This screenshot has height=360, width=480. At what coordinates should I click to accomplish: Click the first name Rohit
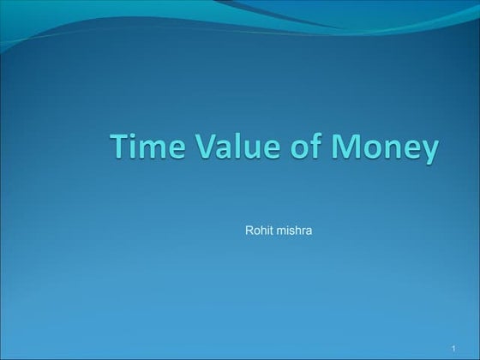[x=258, y=231]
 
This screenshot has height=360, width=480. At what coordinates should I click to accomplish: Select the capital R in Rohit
[x=249, y=231]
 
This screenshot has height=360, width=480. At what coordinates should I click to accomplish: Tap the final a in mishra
[x=309, y=231]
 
